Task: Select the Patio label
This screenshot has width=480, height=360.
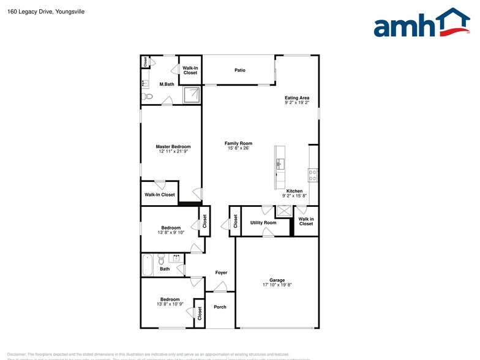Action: (x=240, y=70)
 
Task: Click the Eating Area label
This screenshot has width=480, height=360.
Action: (x=297, y=98)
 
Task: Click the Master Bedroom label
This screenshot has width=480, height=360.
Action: (x=173, y=147)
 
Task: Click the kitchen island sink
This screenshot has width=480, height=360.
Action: (x=280, y=163)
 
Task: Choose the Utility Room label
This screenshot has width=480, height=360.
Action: (x=263, y=223)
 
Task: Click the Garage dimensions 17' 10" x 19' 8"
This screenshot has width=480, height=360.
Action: (x=277, y=285)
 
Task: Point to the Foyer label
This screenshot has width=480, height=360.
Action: (x=221, y=272)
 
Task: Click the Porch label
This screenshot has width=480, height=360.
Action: (x=220, y=307)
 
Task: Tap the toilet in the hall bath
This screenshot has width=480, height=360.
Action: (x=161, y=259)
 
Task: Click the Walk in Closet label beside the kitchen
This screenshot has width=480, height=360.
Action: (x=306, y=221)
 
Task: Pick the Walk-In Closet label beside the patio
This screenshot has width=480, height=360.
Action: (x=190, y=70)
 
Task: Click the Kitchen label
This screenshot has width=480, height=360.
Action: (x=294, y=191)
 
